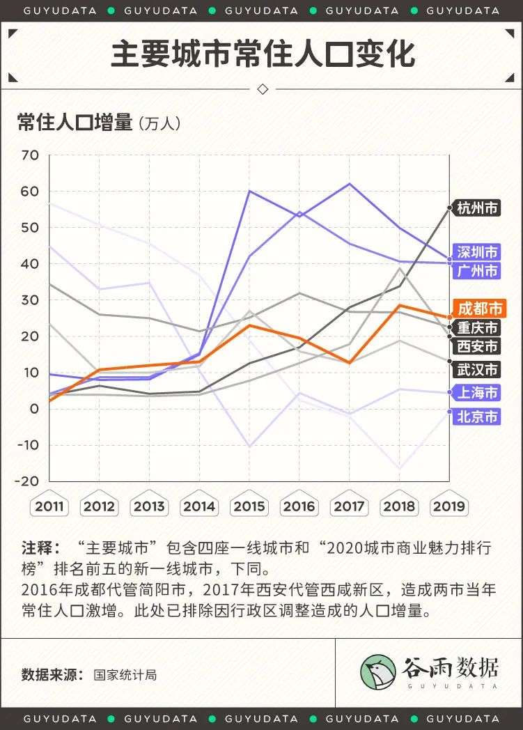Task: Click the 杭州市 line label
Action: coord(476,208)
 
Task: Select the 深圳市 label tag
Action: coord(476,251)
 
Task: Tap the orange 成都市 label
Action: coord(477,308)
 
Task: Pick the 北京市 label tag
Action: coord(477,417)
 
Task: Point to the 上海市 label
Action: coord(477,393)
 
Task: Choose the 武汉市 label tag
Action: coord(477,369)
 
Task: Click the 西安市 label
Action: coord(477,346)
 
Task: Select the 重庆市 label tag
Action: coord(477,327)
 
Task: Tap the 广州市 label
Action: coord(477,270)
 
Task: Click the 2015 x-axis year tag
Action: coord(249,506)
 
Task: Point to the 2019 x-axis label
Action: coord(449,506)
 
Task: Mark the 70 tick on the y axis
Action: coord(31,155)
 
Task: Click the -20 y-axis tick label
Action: coord(29,481)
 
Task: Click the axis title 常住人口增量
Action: coord(75,123)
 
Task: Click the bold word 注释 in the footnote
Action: coord(36,547)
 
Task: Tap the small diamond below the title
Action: coord(263,89)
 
